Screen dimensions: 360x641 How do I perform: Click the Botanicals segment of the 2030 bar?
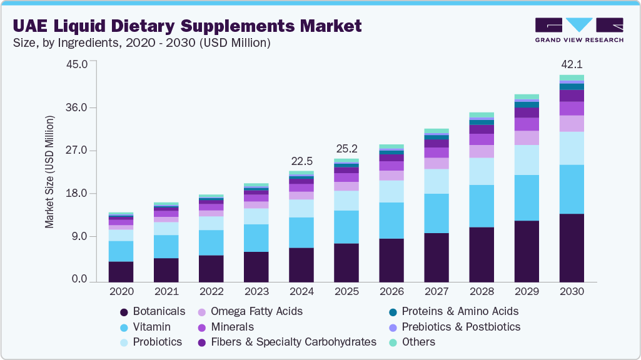click(x=572, y=247)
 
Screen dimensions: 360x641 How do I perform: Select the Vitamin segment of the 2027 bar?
click(x=437, y=213)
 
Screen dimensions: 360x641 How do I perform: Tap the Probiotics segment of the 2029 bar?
click(x=527, y=160)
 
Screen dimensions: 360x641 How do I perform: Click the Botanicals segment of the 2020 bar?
click(x=121, y=271)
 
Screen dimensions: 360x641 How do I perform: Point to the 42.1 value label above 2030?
click(x=572, y=64)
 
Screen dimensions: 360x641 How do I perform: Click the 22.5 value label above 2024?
click(x=301, y=161)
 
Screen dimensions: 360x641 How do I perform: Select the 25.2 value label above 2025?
click(x=346, y=149)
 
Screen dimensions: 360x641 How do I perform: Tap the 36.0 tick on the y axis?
click(x=78, y=107)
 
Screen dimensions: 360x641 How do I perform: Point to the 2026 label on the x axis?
click(x=391, y=292)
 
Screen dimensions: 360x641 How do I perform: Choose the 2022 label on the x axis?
click(x=211, y=292)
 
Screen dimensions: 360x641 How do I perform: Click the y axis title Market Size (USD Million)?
click(x=49, y=171)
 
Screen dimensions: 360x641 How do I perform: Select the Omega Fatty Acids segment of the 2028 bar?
click(x=482, y=151)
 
